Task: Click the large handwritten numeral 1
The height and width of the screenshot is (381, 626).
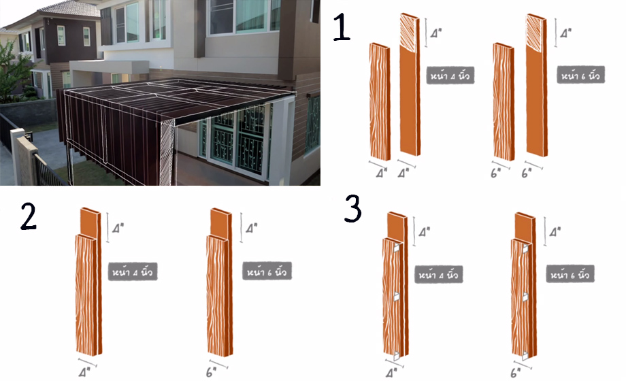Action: click(x=342, y=27)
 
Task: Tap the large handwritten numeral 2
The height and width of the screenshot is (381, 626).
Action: click(x=29, y=216)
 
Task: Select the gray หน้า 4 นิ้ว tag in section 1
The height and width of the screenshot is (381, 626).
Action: click(x=450, y=75)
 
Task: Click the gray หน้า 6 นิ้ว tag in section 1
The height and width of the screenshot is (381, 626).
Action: click(x=580, y=75)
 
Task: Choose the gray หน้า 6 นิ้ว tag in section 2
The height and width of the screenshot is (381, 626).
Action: click(x=267, y=271)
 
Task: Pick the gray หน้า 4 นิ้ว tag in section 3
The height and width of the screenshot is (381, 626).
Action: click(x=438, y=274)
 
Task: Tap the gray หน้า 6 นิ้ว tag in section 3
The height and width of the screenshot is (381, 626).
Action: click(x=570, y=274)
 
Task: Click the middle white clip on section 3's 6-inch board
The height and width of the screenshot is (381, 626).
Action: click(x=525, y=297)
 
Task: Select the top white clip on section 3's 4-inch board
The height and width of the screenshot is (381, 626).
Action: click(x=396, y=248)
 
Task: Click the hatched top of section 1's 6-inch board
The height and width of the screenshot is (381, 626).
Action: click(x=536, y=33)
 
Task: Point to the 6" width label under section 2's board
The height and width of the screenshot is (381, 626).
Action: click(x=211, y=372)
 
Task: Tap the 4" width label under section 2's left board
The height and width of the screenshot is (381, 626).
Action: click(x=84, y=372)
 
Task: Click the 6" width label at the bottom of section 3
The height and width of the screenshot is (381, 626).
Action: click(x=515, y=373)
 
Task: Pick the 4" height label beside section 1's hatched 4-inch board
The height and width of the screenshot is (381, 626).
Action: click(x=436, y=33)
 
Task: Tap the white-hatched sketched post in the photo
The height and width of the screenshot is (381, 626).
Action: click(x=167, y=154)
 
